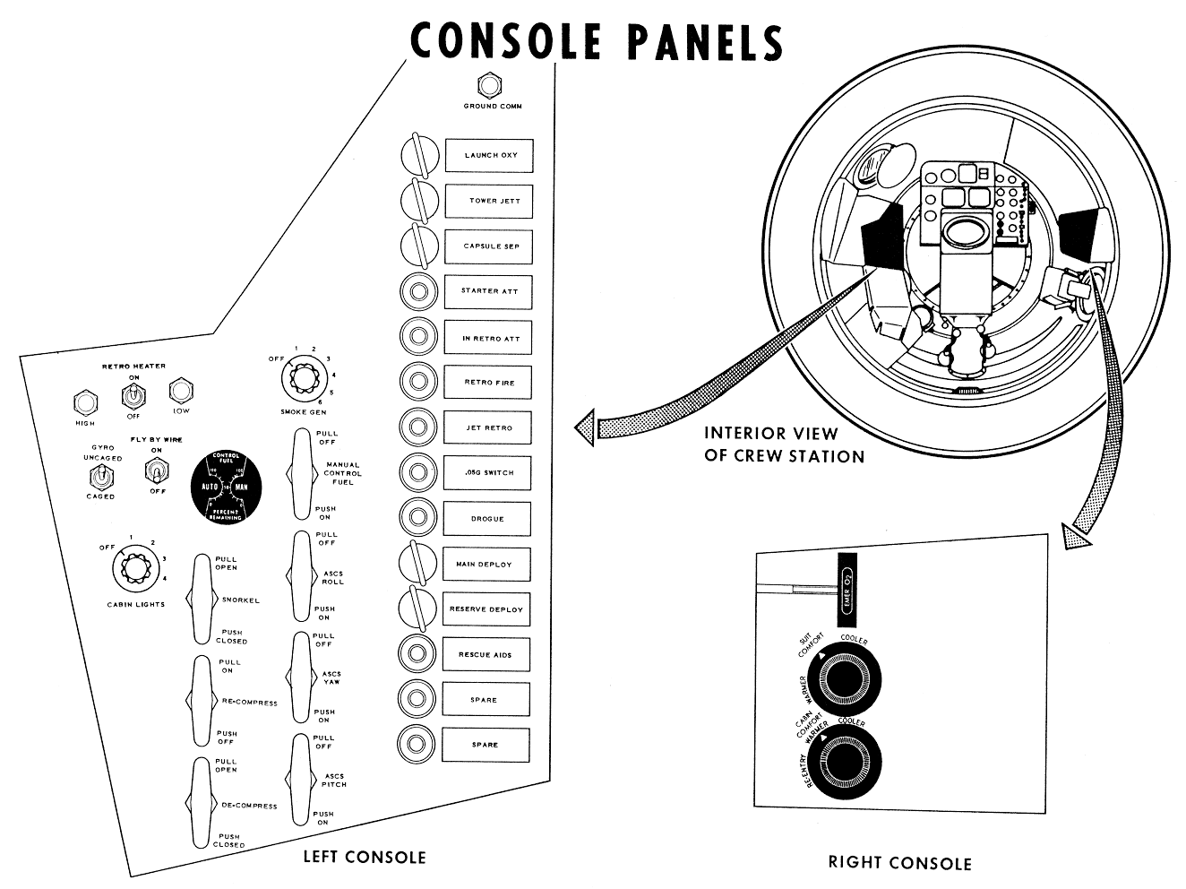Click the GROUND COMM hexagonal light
(490, 85)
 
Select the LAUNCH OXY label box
(489, 155)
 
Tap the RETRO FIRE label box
(489, 383)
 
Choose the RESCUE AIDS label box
(485, 654)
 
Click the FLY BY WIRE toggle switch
(158, 470)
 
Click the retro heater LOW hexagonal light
(181, 390)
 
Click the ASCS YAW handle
(297, 678)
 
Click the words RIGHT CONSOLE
(898, 863)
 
